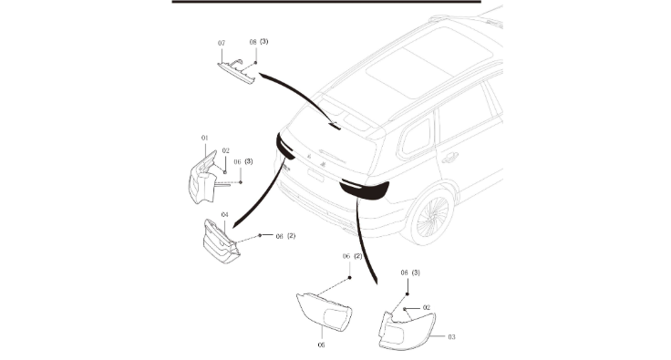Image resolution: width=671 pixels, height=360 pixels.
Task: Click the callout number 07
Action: pyautogui.click(x=222, y=43)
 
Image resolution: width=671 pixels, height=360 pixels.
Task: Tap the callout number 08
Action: pyautogui.click(x=253, y=42)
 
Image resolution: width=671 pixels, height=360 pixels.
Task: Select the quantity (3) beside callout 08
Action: pyautogui.click(x=263, y=42)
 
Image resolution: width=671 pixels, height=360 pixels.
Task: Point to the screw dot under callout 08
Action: pyautogui.click(x=256, y=62)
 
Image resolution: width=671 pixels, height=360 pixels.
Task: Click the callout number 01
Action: pyautogui.click(x=204, y=139)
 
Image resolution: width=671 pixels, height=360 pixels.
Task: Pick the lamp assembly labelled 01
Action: pyautogui.click(x=203, y=178)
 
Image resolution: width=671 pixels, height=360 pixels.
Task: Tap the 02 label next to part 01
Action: pyautogui.click(x=225, y=150)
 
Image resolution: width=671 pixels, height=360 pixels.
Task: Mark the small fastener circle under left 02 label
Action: pyautogui.click(x=224, y=172)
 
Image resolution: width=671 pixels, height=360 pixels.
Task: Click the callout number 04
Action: pyautogui.click(x=224, y=214)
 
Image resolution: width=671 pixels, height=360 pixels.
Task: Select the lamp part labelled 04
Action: pyautogui.click(x=221, y=242)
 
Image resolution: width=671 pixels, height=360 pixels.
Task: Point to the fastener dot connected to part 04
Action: pyautogui.click(x=260, y=235)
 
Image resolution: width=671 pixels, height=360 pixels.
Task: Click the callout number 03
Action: pyautogui.click(x=451, y=337)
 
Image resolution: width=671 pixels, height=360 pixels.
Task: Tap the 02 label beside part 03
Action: pyautogui.click(x=427, y=307)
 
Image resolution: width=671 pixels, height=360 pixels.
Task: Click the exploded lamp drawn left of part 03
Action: pyautogui.click(x=324, y=312)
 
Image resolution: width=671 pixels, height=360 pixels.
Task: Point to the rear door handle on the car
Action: pyautogui.click(x=449, y=158)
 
